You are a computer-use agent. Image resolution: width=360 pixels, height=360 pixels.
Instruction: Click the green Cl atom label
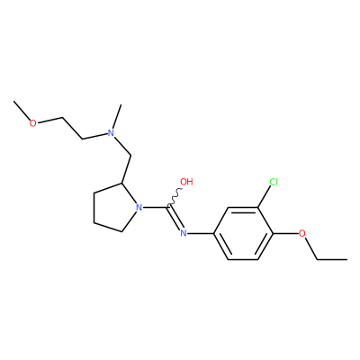(274, 182)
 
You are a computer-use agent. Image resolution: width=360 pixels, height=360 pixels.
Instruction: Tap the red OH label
(186, 182)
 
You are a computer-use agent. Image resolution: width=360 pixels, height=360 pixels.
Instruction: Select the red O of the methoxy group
(33, 123)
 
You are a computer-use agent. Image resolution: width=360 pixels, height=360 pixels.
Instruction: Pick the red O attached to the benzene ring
(302, 233)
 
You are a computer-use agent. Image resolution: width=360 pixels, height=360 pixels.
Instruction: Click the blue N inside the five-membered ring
(139, 207)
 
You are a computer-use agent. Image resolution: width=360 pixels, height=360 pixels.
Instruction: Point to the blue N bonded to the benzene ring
(184, 233)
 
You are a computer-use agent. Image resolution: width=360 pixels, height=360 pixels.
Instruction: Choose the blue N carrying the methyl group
(111, 132)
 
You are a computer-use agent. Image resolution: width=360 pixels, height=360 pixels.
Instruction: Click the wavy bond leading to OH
(175, 197)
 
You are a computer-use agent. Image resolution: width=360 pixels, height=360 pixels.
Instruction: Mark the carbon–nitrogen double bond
(175, 218)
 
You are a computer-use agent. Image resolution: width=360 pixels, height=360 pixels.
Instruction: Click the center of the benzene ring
(243, 233)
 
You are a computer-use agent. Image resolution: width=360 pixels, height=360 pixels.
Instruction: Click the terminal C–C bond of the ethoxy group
(332, 259)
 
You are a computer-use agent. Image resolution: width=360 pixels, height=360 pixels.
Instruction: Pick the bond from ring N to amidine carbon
(155, 207)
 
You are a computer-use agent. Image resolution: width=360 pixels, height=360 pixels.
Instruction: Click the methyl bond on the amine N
(117, 116)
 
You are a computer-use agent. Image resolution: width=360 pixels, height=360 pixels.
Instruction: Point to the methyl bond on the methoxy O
(22, 111)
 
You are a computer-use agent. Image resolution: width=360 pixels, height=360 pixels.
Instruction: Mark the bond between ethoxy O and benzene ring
(285, 233)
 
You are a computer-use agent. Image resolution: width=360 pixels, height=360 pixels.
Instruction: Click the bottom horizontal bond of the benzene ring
(243, 259)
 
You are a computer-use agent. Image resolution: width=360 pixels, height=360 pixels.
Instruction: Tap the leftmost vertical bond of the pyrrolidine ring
(94, 208)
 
